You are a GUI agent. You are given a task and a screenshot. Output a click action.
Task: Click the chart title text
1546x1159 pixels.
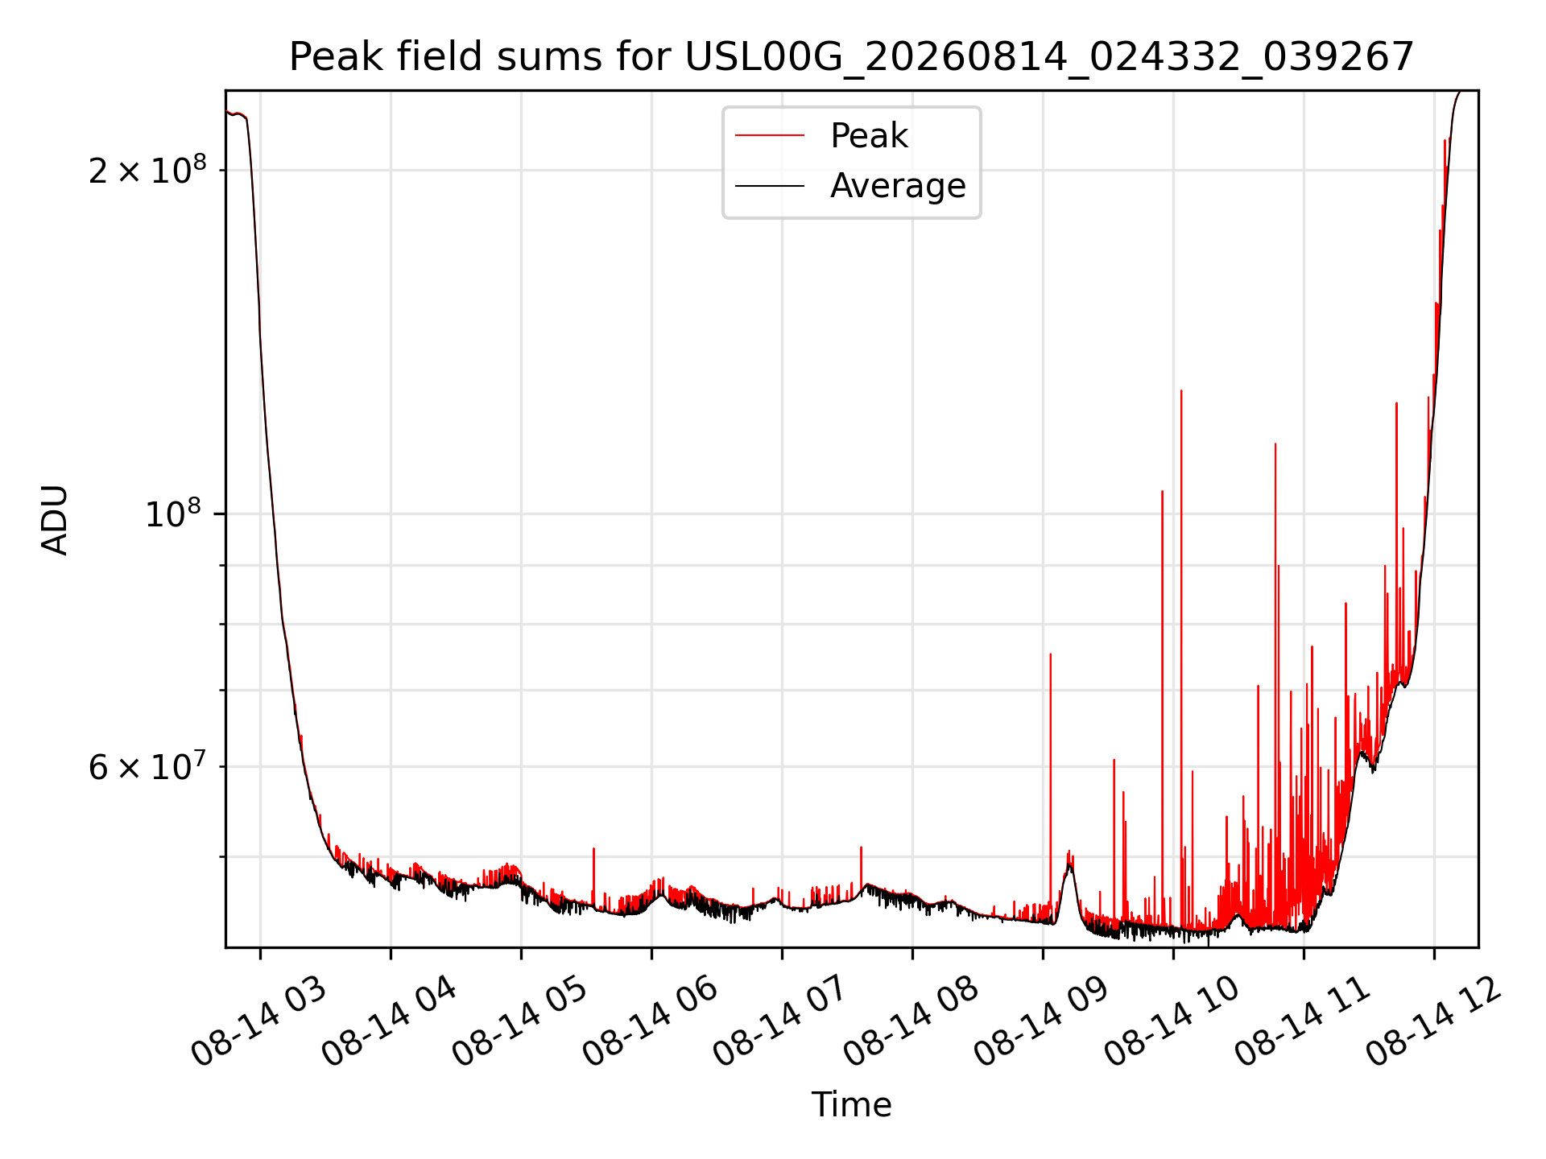pos(851,56)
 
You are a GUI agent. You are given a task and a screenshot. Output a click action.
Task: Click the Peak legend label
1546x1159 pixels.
pos(869,136)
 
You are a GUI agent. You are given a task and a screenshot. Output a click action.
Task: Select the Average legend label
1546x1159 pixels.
pos(898,186)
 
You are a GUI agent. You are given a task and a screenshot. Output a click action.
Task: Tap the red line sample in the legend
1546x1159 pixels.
pos(770,136)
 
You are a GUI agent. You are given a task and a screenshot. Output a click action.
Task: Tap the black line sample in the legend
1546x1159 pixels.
pos(770,186)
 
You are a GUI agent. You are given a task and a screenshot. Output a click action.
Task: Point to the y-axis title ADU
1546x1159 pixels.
pos(55,519)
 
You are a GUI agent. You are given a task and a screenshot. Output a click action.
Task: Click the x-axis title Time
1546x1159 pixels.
pos(851,1104)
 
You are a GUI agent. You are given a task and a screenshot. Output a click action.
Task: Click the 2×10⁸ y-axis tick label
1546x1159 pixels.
pos(147,170)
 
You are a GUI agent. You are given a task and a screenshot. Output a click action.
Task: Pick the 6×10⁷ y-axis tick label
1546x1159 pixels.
pos(147,765)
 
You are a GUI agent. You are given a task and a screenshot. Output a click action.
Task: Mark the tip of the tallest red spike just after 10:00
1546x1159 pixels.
pos(1181,390)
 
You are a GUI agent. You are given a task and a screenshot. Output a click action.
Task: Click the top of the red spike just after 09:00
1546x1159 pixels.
pos(1051,654)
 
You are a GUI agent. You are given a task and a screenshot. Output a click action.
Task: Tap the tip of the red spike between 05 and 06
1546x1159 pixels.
pos(593,848)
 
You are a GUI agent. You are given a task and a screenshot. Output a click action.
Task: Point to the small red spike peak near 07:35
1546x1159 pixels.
pos(861,847)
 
